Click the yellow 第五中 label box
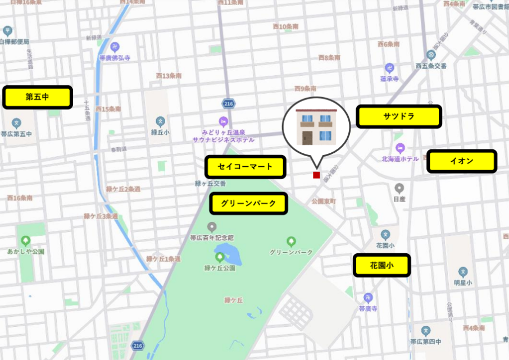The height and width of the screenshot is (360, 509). pos(38,97)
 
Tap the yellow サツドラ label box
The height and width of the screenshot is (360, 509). pos(398,116)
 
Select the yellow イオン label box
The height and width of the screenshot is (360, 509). pos(461,161)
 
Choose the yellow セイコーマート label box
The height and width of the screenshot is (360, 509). pos(245,167)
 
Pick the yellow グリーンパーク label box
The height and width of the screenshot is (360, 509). pos(249,203)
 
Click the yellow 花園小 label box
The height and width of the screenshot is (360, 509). pos(381,265)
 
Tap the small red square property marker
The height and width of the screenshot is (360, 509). pos(316,175)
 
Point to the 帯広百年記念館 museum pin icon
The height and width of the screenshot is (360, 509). pos(212,227)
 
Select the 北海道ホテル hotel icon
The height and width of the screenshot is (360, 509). pos(399,148)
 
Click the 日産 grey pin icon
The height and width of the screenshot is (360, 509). pos(399,188)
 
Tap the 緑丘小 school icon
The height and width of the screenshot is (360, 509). pos(161,121)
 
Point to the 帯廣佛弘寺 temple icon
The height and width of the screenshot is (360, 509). pos(115,47)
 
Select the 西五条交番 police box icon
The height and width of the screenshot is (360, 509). pos(431,55)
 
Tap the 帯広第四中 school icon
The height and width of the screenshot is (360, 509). pos(426,331)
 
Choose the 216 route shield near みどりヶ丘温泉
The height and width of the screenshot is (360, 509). pos(228,104)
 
